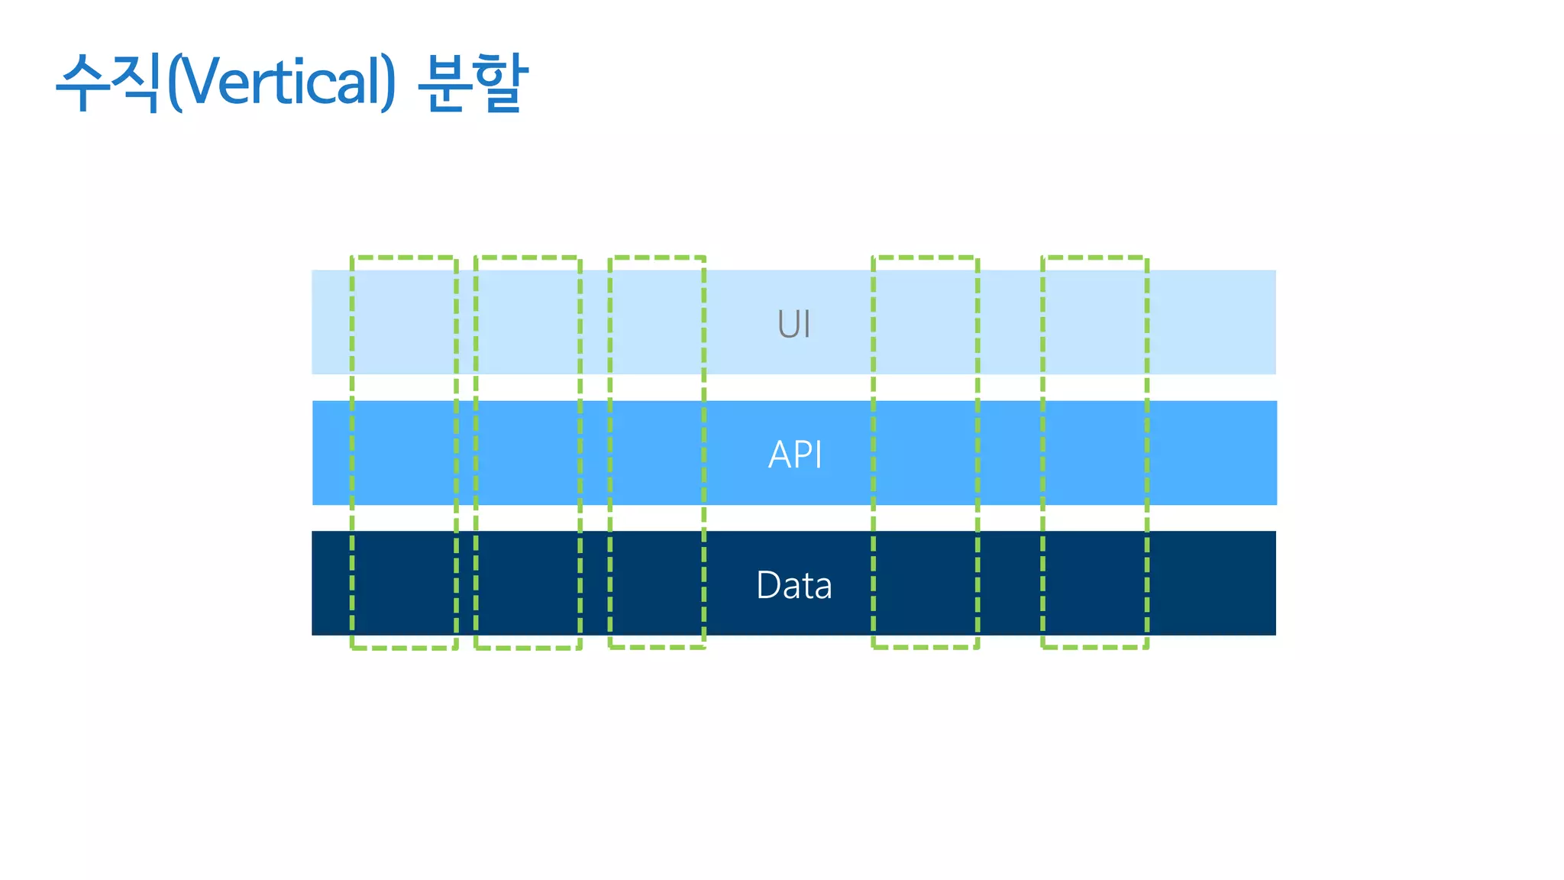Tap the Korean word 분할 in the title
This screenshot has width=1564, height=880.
[x=473, y=82]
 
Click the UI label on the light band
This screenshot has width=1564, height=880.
[x=793, y=324]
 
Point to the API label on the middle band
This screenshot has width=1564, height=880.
[x=795, y=455]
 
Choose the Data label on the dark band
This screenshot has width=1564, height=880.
[x=793, y=586]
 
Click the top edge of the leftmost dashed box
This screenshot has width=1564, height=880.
[x=404, y=257]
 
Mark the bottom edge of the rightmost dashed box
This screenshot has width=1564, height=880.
[x=1094, y=647]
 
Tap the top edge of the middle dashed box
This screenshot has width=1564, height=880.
[x=657, y=257]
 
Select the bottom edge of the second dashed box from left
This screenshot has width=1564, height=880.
[x=528, y=648]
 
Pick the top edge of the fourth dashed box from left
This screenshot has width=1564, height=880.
[x=926, y=257]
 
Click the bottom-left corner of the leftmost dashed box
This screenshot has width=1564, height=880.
[x=352, y=648]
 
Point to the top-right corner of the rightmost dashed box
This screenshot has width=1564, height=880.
[x=1147, y=258]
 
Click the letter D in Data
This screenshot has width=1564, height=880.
[x=767, y=586]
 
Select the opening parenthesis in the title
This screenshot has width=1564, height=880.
[x=174, y=82]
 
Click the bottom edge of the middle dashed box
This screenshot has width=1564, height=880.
[x=657, y=647]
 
